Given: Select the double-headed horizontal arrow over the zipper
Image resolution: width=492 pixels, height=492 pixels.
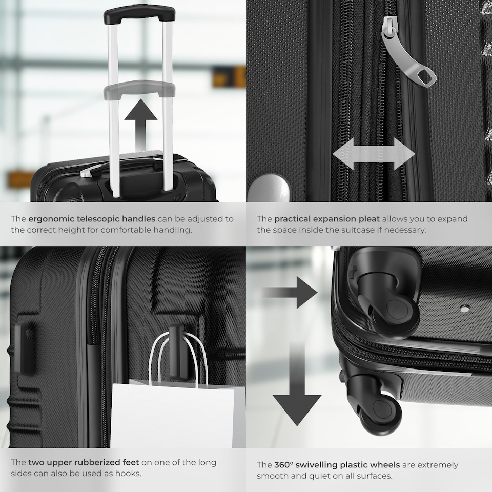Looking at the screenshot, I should click(374, 154).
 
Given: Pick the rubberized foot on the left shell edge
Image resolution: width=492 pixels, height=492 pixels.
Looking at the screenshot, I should click(24, 348).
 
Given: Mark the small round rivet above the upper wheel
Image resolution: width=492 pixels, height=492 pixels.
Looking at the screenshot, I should click(464, 309).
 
